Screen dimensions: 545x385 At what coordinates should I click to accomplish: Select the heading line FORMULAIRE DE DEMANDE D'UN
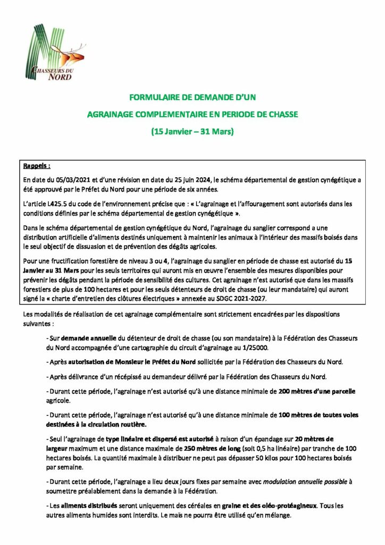tap(192, 97)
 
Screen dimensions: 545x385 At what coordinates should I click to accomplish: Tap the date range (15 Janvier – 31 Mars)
tap(192, 131)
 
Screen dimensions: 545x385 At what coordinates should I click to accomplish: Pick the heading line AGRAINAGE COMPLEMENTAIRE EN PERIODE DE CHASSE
tap(192, 114)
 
